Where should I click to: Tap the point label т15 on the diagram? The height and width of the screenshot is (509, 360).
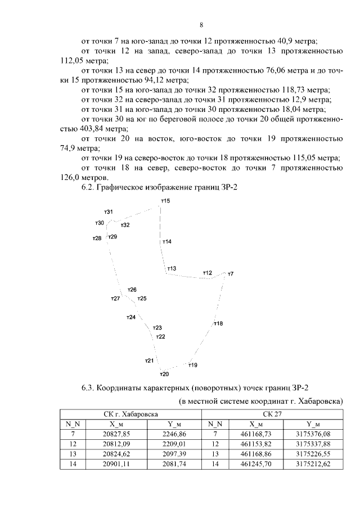click(165, 201)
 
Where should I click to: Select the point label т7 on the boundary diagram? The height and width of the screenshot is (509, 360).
click(230, 274)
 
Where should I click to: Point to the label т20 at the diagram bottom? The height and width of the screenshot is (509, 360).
click(164, 374)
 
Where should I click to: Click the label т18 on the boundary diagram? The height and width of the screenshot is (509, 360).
click(218, 323)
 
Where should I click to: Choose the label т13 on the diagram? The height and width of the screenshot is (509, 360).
click(172, 268)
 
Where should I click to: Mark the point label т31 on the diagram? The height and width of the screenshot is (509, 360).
click(109, 211)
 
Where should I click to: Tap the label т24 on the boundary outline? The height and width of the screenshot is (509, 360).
click(130, 318)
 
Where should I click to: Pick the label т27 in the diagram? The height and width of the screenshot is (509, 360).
click(115, 298)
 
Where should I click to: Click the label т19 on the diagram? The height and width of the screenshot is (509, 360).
click(192, 365)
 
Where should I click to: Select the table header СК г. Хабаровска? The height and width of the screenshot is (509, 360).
click(130, 414)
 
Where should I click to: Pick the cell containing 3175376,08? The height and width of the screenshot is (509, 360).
click(308, 434)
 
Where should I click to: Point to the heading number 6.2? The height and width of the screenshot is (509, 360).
click(88, 187)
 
